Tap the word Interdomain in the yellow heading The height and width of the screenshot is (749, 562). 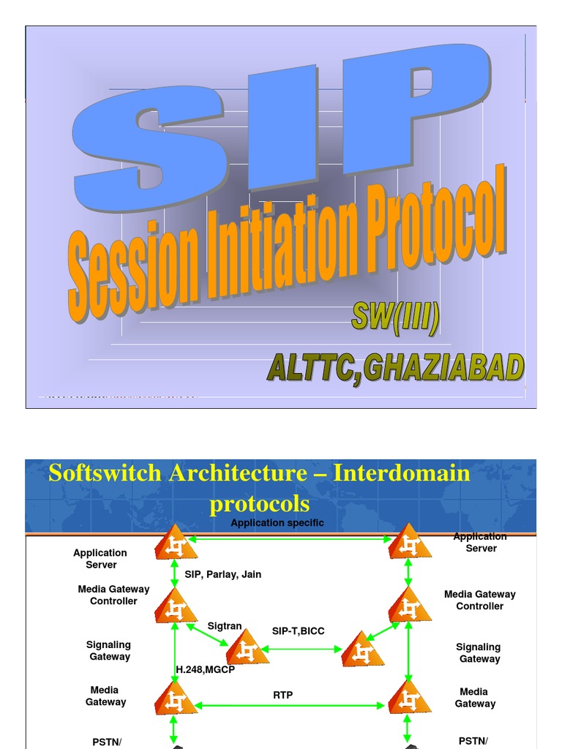pos(402,473)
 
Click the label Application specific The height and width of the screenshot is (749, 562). pos(277,523)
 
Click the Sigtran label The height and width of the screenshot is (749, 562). pos(225,626)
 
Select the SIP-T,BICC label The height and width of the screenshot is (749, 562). pos(298,631)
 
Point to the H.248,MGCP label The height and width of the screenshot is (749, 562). pos(205,669)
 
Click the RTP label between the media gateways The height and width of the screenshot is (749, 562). pos(283,695)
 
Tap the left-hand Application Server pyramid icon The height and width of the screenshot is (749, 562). pos(175,543)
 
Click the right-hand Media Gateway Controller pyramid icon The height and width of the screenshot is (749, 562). pos(408,606)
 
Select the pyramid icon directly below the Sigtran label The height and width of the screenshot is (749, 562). pos(246,649)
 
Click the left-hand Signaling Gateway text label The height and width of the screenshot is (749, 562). pos(109,650)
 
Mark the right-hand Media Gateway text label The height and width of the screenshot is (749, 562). pos(475,698)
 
